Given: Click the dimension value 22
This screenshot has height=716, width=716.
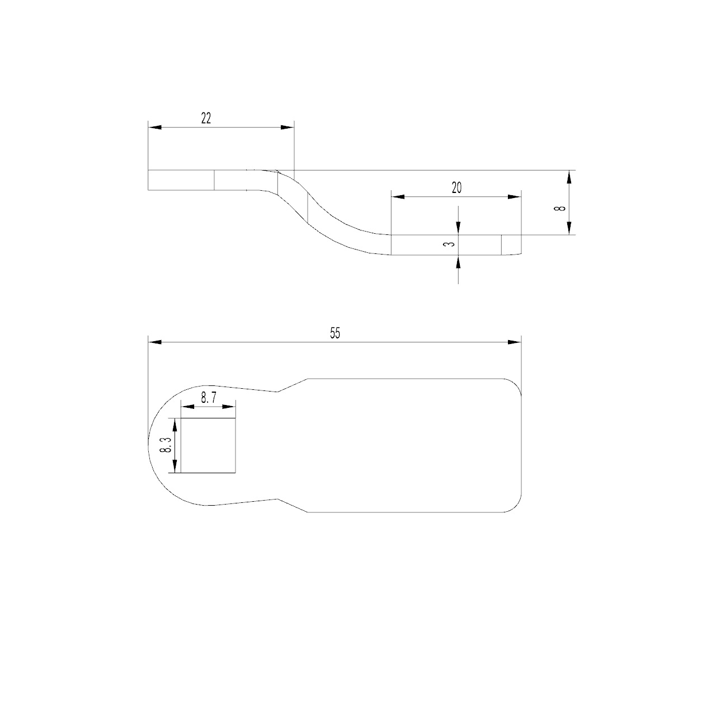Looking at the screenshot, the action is tap(206, 119).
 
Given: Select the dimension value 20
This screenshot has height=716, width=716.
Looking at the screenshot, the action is tap(456, 188).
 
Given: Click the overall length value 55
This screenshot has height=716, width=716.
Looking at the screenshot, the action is tap(335, 333).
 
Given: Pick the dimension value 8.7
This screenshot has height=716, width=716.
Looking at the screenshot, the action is tap(209, 398).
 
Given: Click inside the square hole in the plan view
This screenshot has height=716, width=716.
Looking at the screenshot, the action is tap(208, 445).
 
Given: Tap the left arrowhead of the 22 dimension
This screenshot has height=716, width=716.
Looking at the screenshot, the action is tap(155, 128).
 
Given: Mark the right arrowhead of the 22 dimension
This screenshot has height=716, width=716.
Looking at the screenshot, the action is tap(287, 128).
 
